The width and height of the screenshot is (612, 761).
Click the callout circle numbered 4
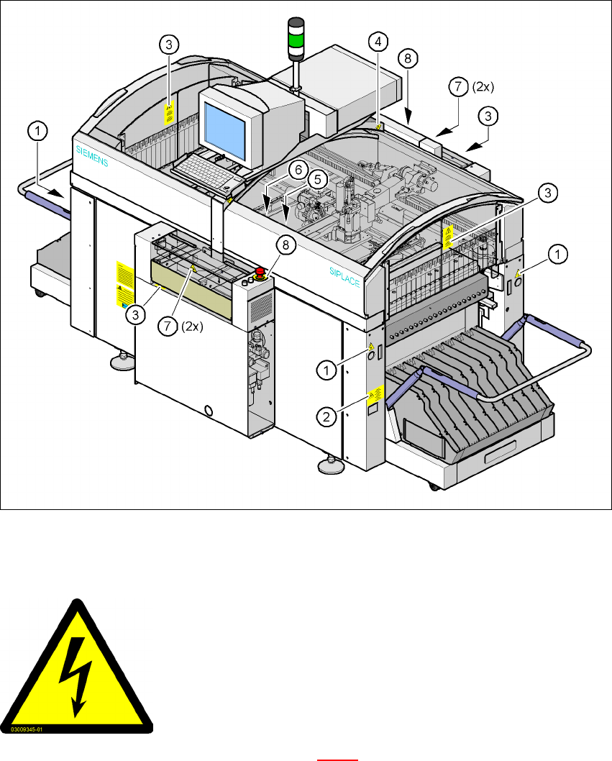378,42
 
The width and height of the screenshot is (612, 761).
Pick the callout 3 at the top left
168,45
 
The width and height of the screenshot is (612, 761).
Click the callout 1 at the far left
38,131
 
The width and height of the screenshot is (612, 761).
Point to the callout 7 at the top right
457,87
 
